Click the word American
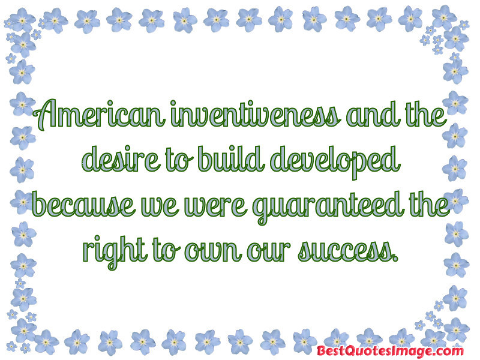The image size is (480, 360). (x=98, y=114)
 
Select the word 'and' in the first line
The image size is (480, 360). (x=372, y=115)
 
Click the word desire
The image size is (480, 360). (x=121, y=159)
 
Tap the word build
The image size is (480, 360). (x=231, y=158)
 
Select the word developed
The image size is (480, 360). (x=335, y=161)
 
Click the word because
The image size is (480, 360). (x=83, y=204)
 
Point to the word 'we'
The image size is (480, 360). (x=159, y=206)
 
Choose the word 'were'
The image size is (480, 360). (x=215, y=206)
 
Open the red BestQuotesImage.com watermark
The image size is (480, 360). (x=390, y=350)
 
